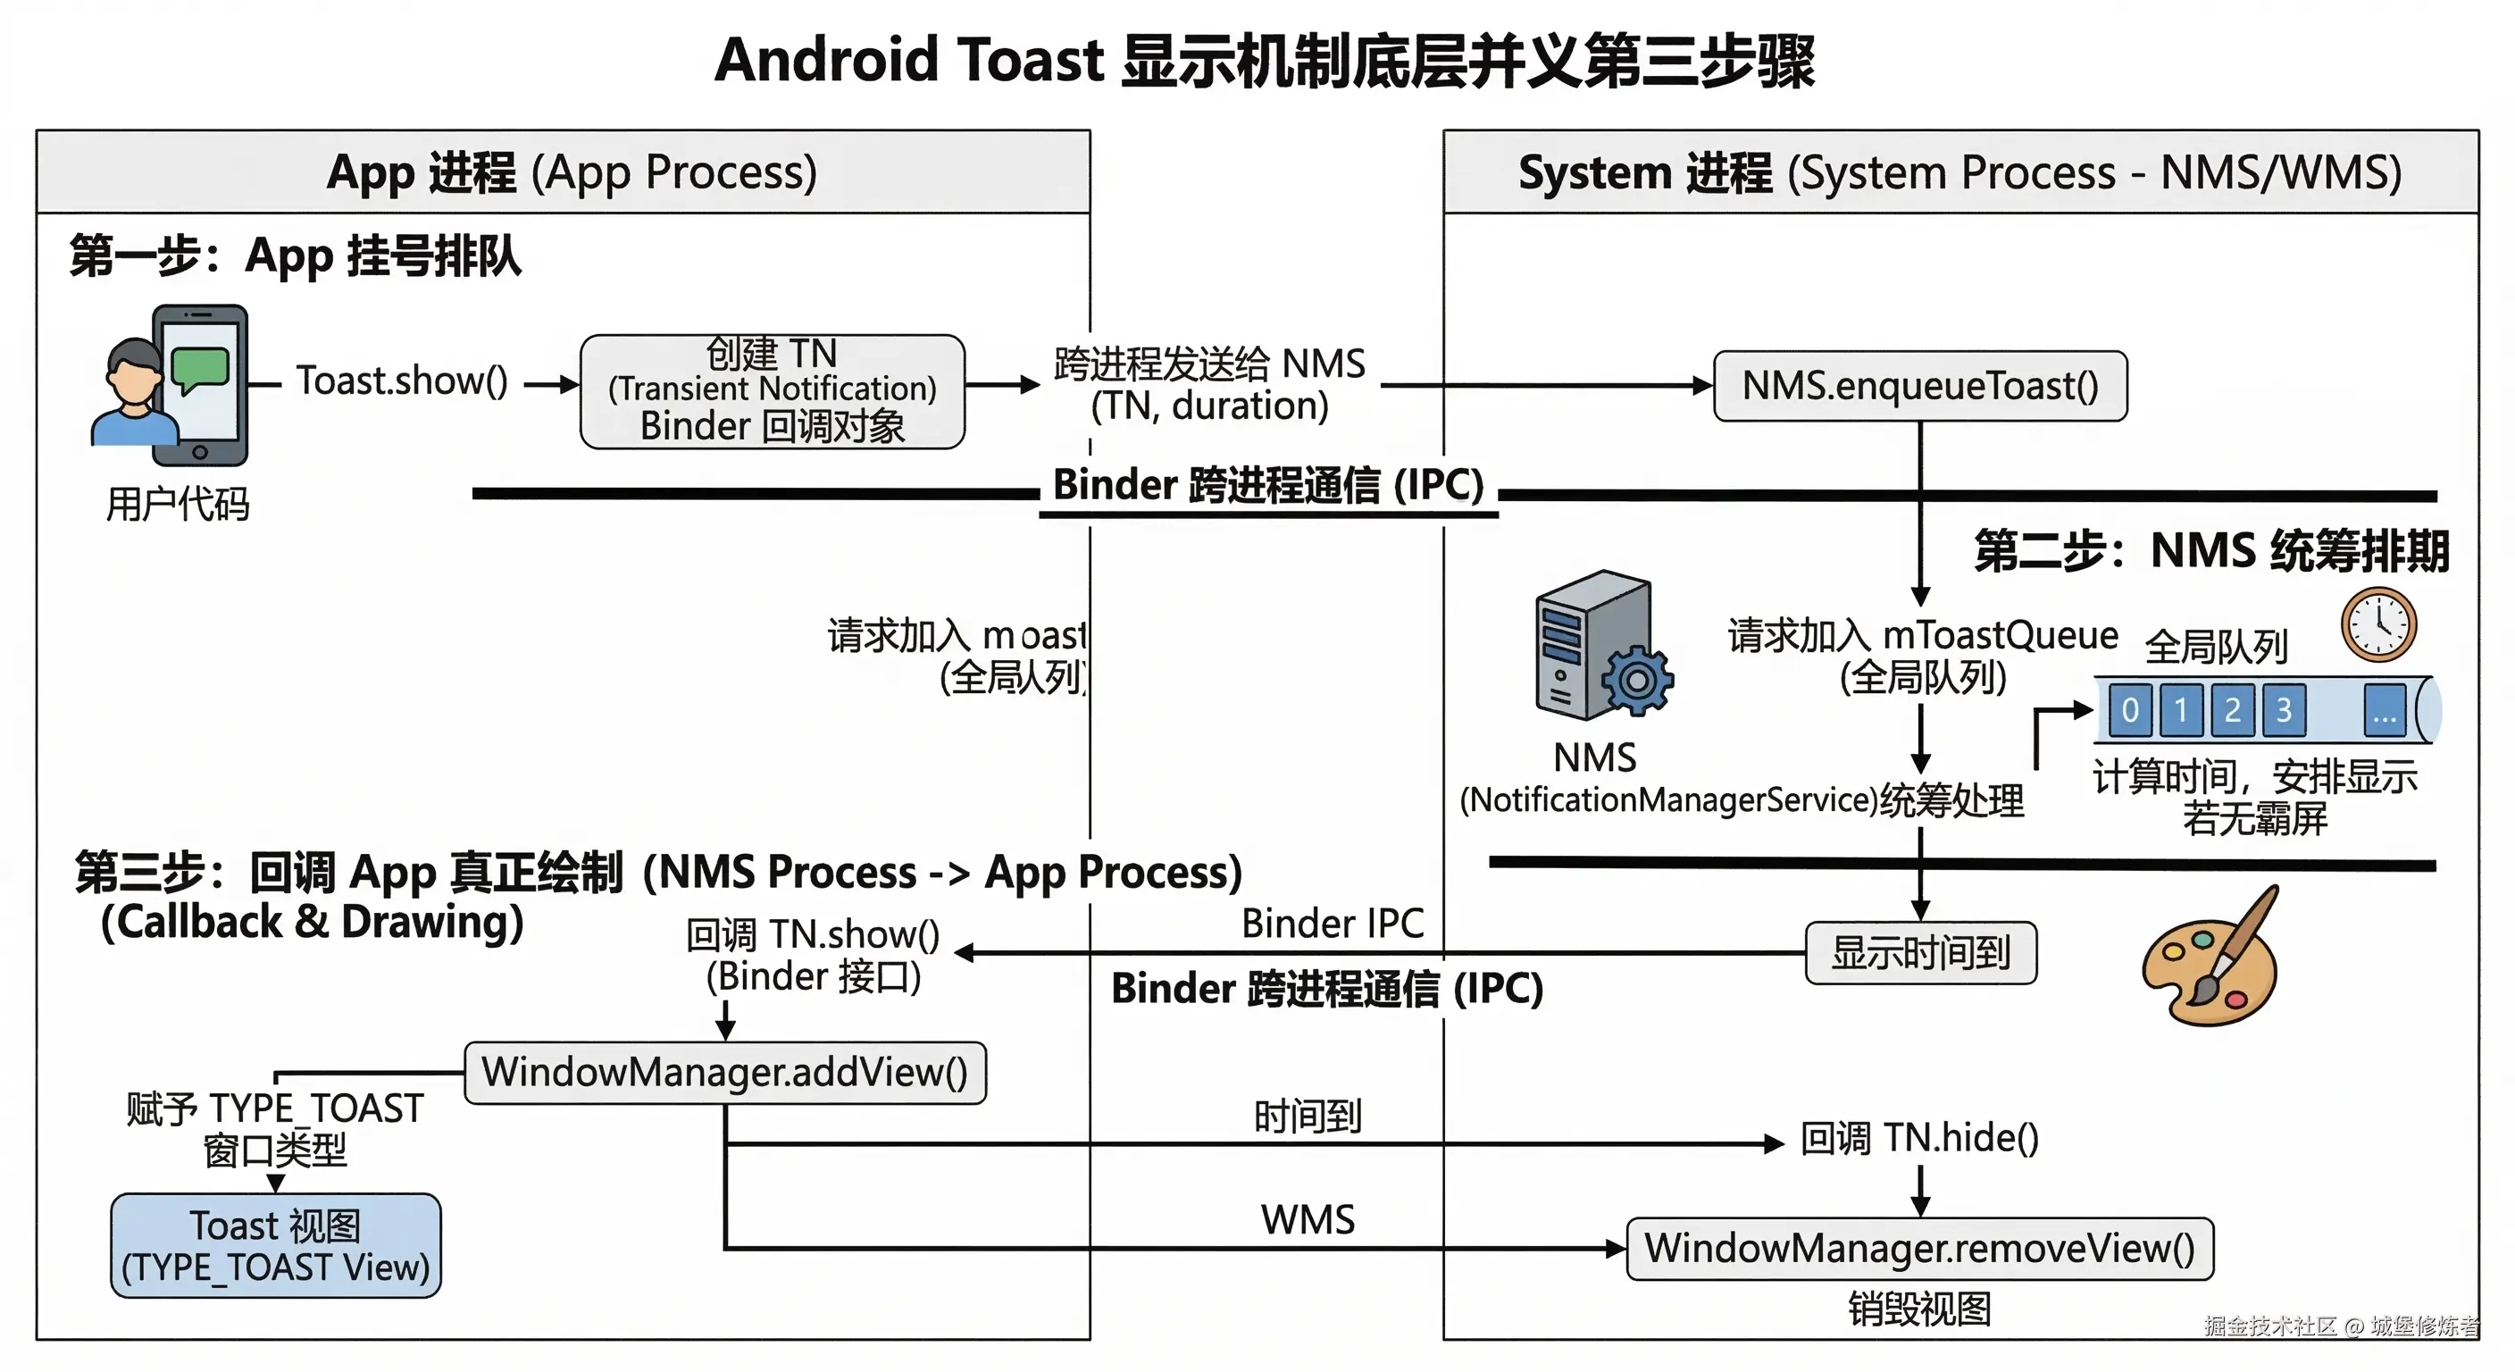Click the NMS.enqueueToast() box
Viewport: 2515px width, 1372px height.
click(x=1919, y=386)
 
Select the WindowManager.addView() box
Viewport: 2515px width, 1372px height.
click(x=724, y=1072)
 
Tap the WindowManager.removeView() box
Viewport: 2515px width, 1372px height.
click(x=1919, y=1248)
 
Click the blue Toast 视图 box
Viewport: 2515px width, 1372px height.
click(x=275, y=1246)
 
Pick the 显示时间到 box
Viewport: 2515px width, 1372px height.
click(x=1920, y=953)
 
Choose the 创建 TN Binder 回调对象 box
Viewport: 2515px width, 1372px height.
click(x=773, y=390)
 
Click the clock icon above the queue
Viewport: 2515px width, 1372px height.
click(x=2378, y=625)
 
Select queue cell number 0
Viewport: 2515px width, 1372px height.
click(x=2130, y=710)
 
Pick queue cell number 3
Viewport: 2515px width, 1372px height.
click(x=2283, y=710)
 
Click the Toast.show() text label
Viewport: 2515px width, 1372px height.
click(x=401, y=381)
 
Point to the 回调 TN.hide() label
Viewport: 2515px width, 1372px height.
click(x=1919, y=1139)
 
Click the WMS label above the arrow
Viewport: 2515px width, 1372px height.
click(x=1308, y=1219)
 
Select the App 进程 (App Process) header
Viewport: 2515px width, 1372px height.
click(x=572, y=173)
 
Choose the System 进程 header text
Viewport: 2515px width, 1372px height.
click(x=1959, y=174)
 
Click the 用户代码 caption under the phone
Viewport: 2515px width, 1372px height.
click(x=178, y=505)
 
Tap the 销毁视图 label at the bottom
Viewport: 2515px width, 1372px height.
click(x=1919, y=1309)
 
